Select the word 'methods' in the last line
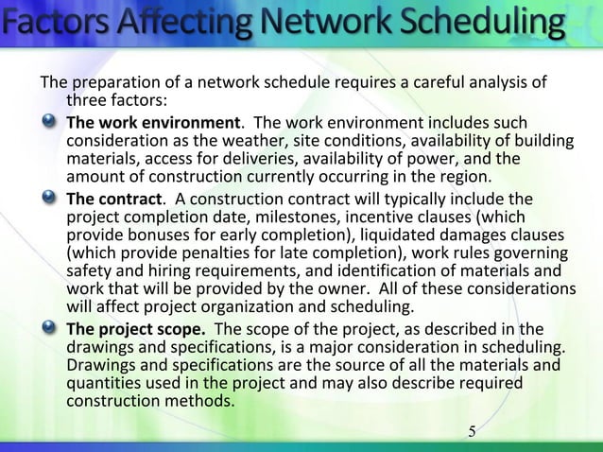(203, 400)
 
